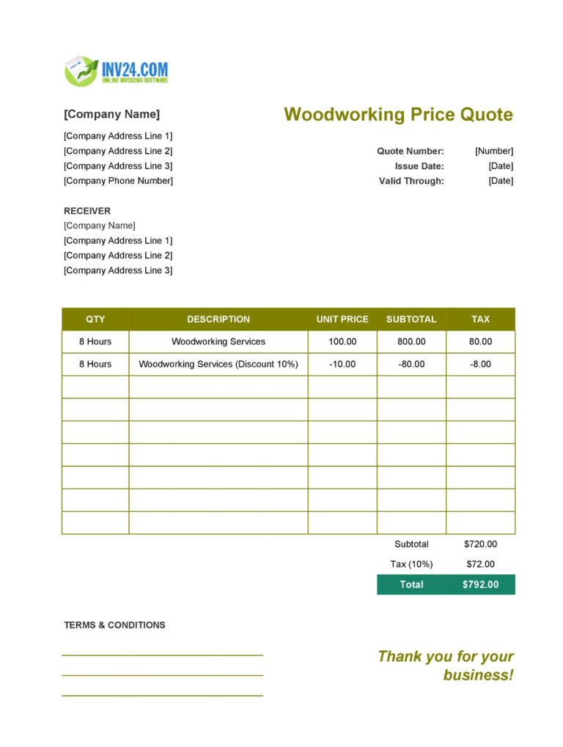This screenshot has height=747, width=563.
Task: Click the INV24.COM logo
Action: [x=117, y=71]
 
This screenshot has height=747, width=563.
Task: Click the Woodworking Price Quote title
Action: [x=398, y=114]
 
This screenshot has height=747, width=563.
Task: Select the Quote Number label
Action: [x=411, y=151]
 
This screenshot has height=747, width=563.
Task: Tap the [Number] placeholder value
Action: [x=494, y=151]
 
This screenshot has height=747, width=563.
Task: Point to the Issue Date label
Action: [x=419, y=166]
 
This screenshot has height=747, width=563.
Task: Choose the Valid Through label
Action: [x=411, y=181]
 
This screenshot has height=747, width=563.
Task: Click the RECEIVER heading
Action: [x=87, y=211]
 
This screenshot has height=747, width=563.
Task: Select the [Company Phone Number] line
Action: [x=118, y=181]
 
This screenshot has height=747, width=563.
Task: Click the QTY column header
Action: [x=95, y=319]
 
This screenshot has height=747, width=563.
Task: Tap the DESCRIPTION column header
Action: [x=218, y=319]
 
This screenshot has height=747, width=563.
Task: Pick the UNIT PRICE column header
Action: [x=342, y=319]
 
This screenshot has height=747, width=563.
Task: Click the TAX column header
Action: [x=481, y=319]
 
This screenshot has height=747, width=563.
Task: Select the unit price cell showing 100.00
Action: [x=342, y=341]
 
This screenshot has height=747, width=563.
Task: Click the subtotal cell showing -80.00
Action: [x=411, y=364]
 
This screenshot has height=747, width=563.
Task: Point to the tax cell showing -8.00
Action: [x=481, y=364]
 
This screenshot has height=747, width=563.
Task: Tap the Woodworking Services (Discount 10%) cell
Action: [x=218, y=364]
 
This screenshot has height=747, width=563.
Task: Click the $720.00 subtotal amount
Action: [x=481, y=544]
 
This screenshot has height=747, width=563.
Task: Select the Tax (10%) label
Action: [x=411, y=564]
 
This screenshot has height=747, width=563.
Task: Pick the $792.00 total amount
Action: [x=481, y=584]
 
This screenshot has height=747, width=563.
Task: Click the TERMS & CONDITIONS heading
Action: [x=114, y=625]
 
